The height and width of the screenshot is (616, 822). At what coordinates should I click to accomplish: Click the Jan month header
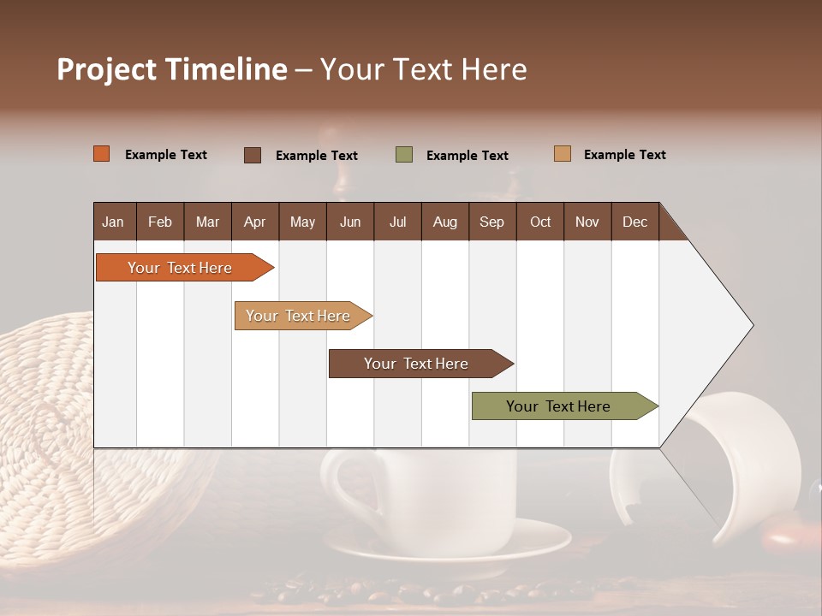[x=113, y=222]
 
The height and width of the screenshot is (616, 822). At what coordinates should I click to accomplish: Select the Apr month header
[x=254, y=222]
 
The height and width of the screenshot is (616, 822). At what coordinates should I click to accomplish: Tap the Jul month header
[x=397, y=222]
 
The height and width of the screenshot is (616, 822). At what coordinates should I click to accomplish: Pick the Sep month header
[x=491, y=222]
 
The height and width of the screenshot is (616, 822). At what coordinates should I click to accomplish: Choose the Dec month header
[x=634, y=222]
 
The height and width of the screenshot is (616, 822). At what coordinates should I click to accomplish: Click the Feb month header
[x=160, y=222]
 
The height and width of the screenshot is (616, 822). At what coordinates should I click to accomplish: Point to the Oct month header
[x=540, y=222]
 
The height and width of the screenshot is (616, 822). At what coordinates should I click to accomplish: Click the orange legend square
[x=102, y=154]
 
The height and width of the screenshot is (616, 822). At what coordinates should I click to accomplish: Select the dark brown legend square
[x=253, y=155]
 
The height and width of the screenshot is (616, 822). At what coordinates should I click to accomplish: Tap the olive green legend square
[x=404, y=155]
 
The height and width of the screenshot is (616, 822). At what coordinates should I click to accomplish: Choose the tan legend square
[x=563, y=154]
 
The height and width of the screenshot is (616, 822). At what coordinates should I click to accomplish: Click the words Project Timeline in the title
[x=171, y=69]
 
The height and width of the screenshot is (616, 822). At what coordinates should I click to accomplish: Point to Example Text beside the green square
[x=467, y=156]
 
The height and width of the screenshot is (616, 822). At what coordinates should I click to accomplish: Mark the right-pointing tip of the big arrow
[x=751, y=325]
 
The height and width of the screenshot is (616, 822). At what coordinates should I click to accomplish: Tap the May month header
[x=302, y=222]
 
